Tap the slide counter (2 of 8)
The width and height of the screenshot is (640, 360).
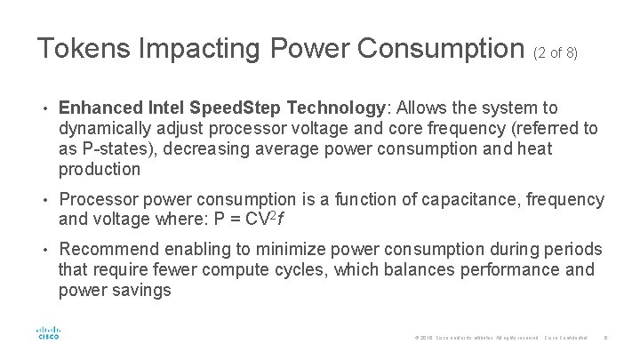(556, 53)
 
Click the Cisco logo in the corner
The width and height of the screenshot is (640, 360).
(47, 332)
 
